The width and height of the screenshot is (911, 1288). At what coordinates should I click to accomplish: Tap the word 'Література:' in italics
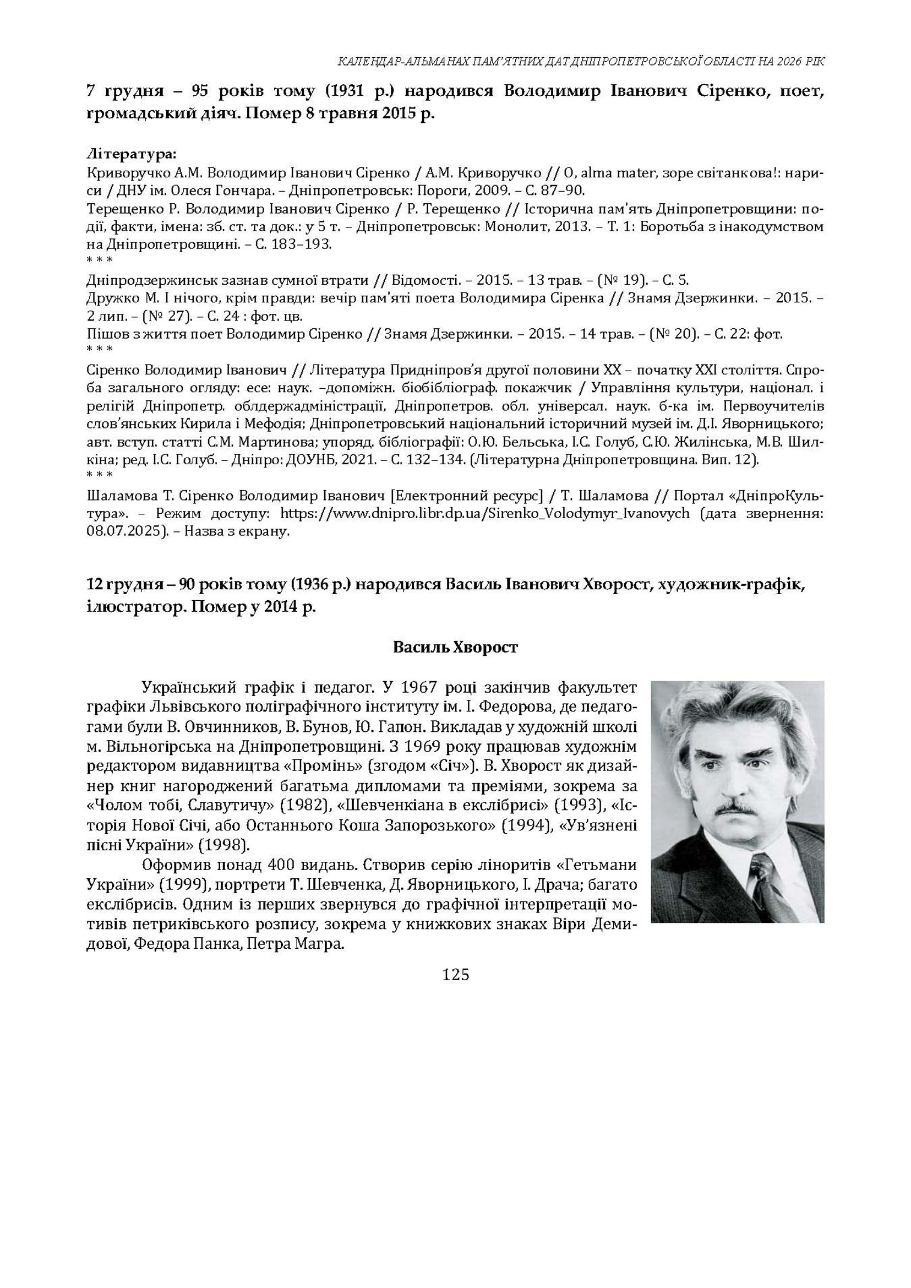[131, 153]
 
